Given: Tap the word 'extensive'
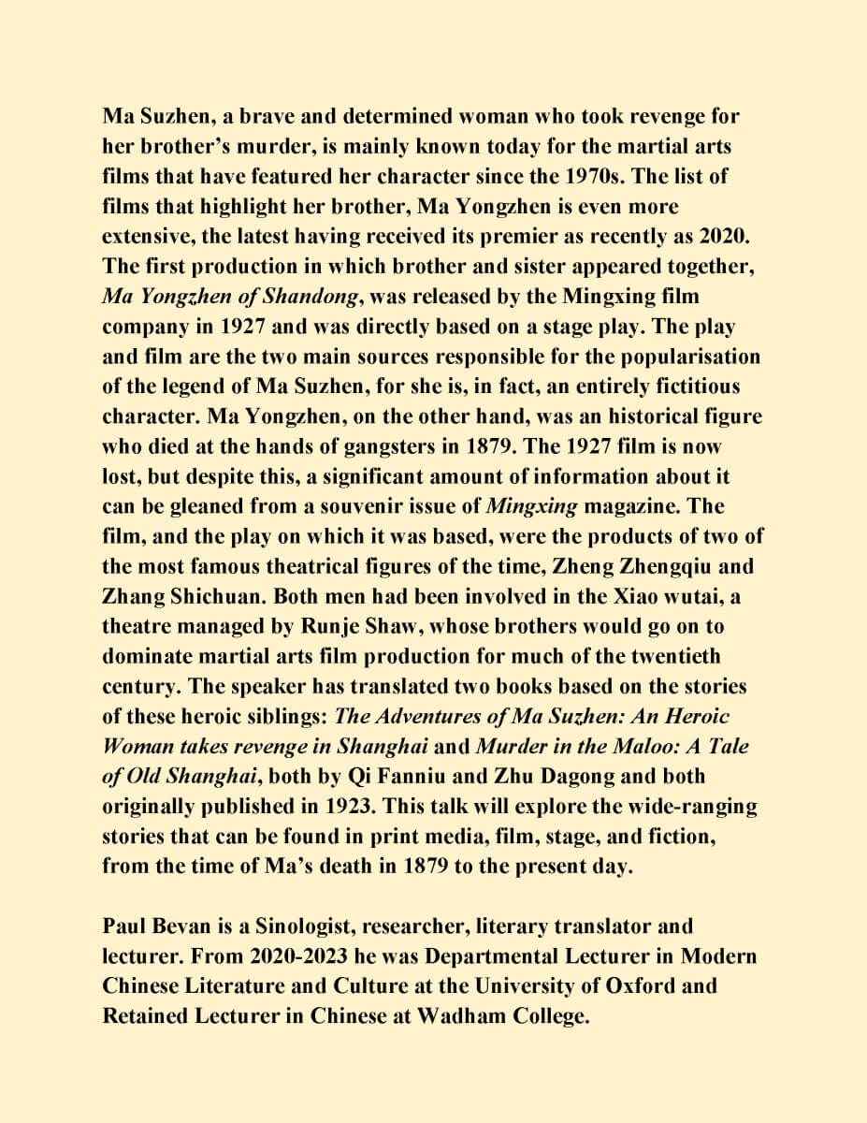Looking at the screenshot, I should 150,237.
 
